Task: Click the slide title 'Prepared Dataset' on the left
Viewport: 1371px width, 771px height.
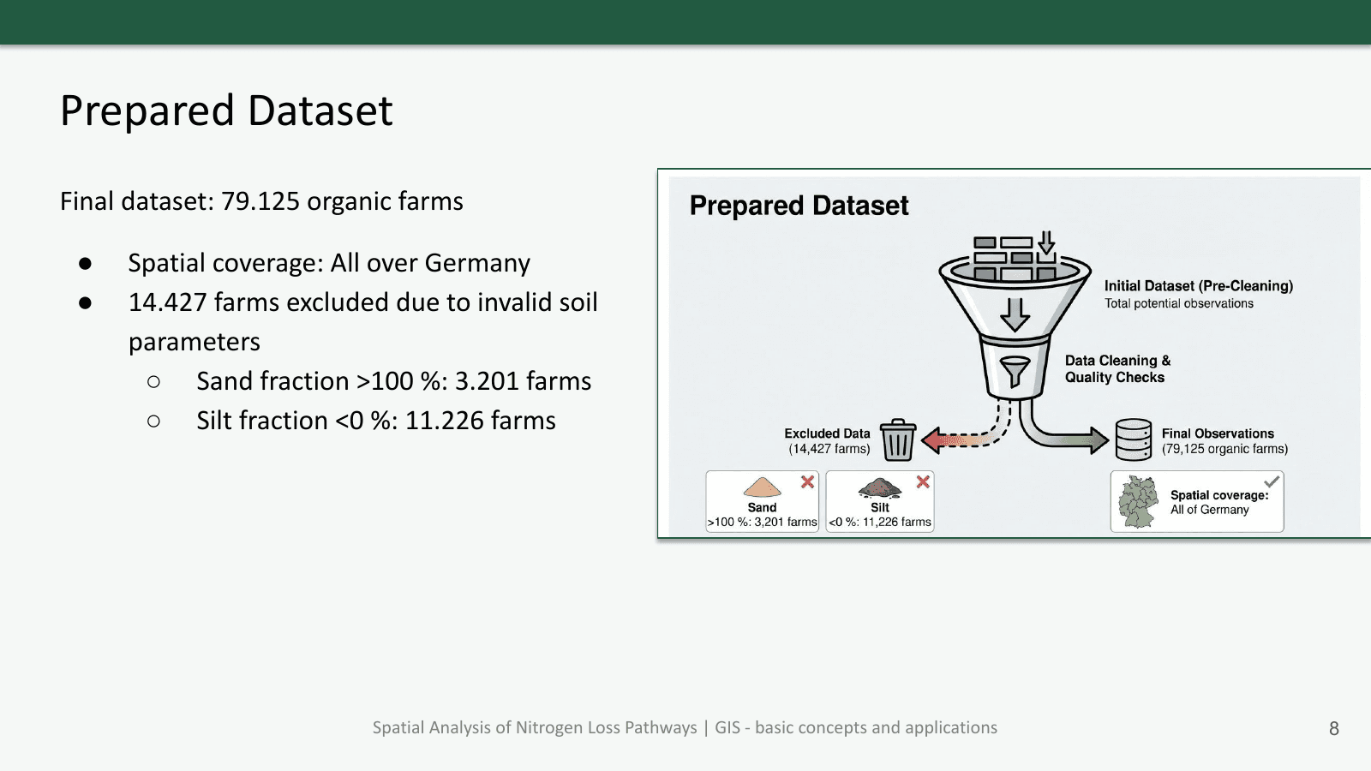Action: [226, 111]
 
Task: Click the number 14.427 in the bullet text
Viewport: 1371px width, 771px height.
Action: [167, 302]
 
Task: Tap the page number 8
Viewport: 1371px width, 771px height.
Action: [1333, 728]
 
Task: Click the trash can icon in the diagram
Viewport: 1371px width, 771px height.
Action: [898, 439]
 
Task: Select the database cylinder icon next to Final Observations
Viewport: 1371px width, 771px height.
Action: [1133, 439]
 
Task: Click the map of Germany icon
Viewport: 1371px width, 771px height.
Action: [1138, 502]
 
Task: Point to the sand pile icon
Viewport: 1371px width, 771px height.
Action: [762, 487]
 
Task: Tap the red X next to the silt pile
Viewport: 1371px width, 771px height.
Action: [923, 481]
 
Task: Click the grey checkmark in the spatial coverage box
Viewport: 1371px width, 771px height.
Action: [1272, 481]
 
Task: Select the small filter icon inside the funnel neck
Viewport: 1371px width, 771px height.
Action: [1015, 371]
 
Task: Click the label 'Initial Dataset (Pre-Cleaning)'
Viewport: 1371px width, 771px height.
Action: [1198, 286]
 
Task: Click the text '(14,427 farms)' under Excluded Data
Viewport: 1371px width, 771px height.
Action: [829, 449]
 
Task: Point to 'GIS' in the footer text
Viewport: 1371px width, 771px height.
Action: [727, 728]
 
